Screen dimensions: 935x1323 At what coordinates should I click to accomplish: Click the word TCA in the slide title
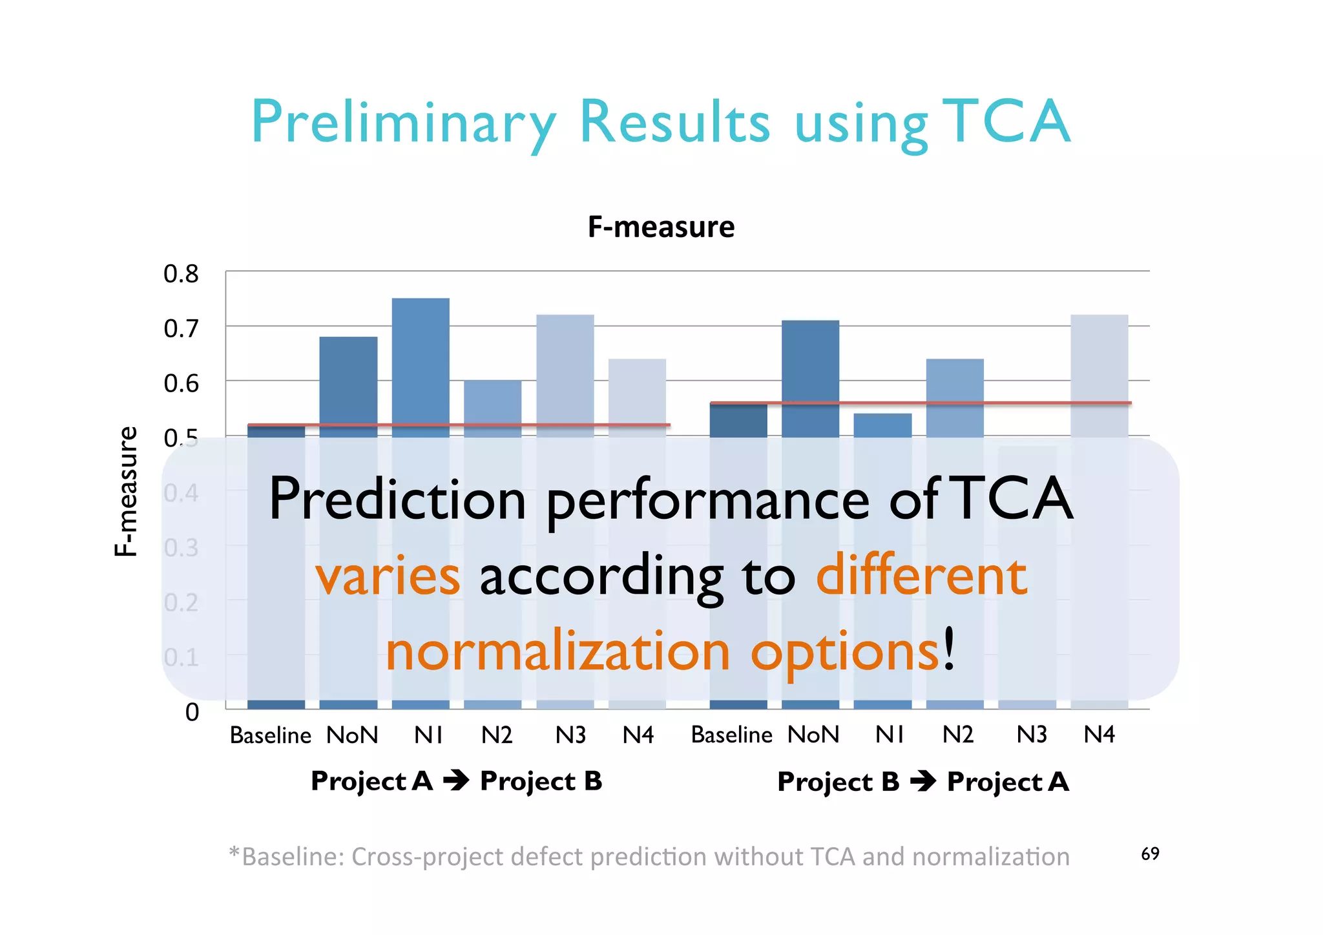(x=1005, y=121)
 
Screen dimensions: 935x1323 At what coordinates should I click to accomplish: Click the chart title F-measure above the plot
(x=661, y=227)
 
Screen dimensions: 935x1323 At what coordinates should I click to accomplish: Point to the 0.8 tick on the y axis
(x=181, y=275)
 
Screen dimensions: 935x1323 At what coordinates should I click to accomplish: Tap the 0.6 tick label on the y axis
(x=181, y=384)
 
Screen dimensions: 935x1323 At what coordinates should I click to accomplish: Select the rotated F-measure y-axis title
(x=126, y=491)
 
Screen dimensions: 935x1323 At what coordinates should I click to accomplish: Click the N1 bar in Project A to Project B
(x=421, y=368)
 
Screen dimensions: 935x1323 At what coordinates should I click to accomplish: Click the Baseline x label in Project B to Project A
(x=731, y=735)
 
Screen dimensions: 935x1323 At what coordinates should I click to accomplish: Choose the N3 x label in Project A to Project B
(x=570, y=735)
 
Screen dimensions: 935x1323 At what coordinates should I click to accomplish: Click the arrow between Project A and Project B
(x=456, y=781)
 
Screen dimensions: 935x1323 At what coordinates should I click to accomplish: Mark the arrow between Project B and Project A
(x=923, y=782)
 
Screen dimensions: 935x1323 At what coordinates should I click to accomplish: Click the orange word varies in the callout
(x=388, y=576)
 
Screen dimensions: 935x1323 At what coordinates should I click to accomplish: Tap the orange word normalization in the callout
(x=557, y=651)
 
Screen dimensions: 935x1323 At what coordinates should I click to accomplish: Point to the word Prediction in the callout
(x=397, y=499)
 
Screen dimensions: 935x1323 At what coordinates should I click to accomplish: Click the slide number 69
(x=1150, y=854)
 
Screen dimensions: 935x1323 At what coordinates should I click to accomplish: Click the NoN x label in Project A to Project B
(x=352, y=735)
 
